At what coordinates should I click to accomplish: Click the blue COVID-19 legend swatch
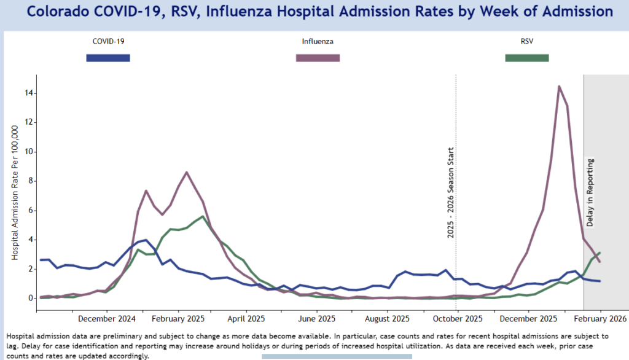click(x=108, y=58)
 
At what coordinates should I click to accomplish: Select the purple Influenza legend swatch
click(x=318, y=58)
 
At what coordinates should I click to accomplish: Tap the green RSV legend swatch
click(x=526, y=58)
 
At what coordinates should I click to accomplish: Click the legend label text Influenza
click(x=318, y=42)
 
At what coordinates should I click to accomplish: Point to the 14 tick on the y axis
click(x=29, y=93)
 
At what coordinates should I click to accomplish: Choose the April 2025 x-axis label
click(x=246, y=319)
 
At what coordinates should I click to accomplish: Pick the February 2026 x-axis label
click(x=600, y=319)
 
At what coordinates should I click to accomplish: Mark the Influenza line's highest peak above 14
click(x=559, y=86)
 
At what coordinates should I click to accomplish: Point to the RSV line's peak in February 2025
click(x=203, y=216)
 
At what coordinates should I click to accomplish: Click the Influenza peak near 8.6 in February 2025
click(x=187, y=172)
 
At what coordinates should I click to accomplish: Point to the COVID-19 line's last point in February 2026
click(x=600, y=281)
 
